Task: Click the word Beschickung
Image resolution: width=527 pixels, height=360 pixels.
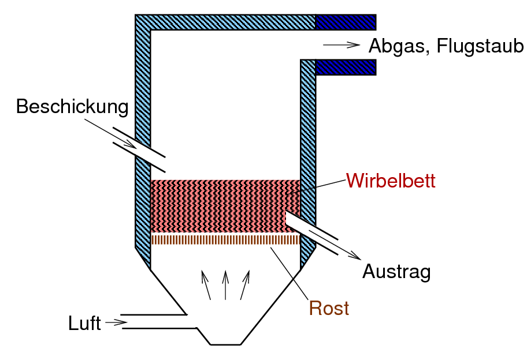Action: [x=72, y=107]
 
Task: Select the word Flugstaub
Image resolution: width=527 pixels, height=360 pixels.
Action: [x=480, y=46]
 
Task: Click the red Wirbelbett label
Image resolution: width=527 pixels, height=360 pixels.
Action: [x=391, y=181]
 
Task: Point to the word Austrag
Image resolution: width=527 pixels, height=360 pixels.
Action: [x=396, y=271]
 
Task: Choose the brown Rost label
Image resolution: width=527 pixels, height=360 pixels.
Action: [x=329, y=308]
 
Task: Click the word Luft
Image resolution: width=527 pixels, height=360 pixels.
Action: [x=84, y=323]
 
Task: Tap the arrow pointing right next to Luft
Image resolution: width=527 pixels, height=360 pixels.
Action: [x=116, y=322]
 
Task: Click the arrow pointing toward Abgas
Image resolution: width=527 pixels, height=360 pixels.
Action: [x=342, y=45]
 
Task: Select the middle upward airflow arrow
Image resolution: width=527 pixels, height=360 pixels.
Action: [x=225, y=285]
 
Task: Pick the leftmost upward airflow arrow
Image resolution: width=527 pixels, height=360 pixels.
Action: [x=206, y=285]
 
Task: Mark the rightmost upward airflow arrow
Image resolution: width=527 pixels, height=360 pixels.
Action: [x=245, y=285]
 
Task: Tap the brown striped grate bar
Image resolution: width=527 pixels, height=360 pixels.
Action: [x=225, y=239]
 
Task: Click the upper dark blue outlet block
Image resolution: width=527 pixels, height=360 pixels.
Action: [x=346, y=22]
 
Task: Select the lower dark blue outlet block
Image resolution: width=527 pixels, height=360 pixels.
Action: [x=346, y=67]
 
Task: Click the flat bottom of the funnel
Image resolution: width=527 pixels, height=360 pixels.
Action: [x=225, y=344]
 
